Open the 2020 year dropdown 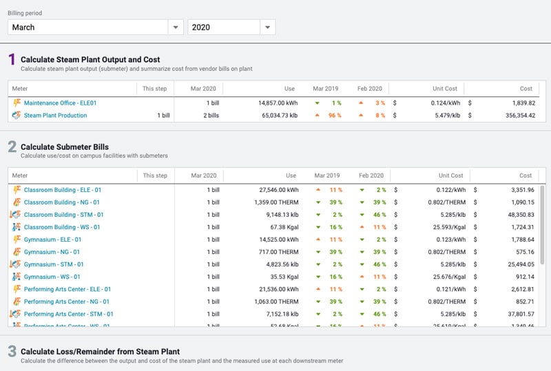[x=267, y=27]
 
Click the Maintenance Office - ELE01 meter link [x=60, y=103]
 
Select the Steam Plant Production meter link [x=55, y=116]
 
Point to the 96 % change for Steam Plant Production [x=335, y=116]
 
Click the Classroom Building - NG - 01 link [x=61, y=202]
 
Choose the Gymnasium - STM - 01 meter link [x=54, y=264]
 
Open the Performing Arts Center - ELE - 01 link [x=67, y=289]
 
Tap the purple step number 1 [x=12, y=60]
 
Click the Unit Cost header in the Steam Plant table [x=444, y=89]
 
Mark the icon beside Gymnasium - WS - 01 [x=17, y=277]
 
